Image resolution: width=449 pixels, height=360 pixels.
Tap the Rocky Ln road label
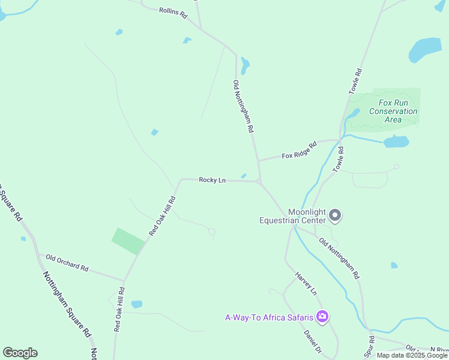coord(212,180)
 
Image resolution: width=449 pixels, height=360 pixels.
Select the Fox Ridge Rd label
coord(299,150)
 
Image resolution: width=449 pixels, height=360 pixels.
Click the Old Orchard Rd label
coord(67,263)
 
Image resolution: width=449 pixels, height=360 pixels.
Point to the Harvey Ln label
coord(306,283)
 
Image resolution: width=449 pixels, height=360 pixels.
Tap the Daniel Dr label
coord(313,341)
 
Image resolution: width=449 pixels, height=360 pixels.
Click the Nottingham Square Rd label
coord(67,304)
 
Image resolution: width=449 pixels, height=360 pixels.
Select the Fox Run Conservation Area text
coord(393,111)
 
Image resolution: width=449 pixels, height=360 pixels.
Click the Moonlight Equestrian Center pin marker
coord(336,215)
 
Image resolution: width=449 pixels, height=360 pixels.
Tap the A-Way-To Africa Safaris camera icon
coord(322,316)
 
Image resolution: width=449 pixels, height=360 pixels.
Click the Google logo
coord(20,353)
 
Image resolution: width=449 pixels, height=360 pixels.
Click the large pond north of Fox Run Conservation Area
coord(425,50)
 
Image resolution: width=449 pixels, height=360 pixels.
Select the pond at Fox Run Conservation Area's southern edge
coord(396,142)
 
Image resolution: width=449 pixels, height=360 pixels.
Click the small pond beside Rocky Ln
coord(243,176)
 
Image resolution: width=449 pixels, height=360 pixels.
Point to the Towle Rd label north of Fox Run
coord(356,80)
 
